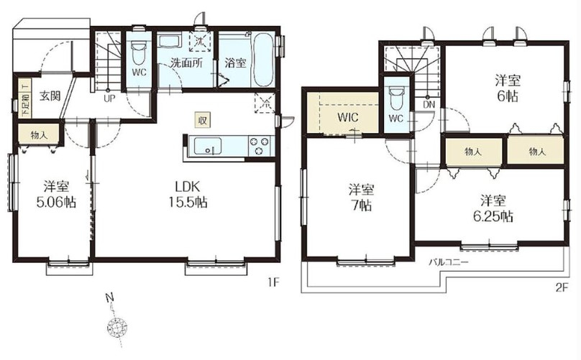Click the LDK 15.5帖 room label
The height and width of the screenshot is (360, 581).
188,194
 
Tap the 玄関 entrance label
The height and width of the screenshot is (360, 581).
50,97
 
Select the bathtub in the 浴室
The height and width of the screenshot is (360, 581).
264,60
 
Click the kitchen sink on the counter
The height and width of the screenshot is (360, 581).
208,146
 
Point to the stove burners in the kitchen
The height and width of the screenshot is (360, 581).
259,146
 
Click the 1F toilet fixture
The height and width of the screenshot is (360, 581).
139,52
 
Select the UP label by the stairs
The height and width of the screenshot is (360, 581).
109,98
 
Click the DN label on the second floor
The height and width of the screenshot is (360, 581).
429,105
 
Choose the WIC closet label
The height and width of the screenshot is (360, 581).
348,117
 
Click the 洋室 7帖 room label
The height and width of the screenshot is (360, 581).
361,197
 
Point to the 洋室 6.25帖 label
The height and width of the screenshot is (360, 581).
493,208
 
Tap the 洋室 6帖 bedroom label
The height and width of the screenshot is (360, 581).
508,88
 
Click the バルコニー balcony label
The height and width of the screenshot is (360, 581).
449,262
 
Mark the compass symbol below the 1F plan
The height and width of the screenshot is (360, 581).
117,328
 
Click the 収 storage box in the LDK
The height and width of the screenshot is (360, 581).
203,120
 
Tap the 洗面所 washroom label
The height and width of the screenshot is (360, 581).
186,63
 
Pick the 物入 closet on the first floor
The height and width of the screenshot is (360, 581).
40,135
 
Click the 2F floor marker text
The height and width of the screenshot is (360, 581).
562,288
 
